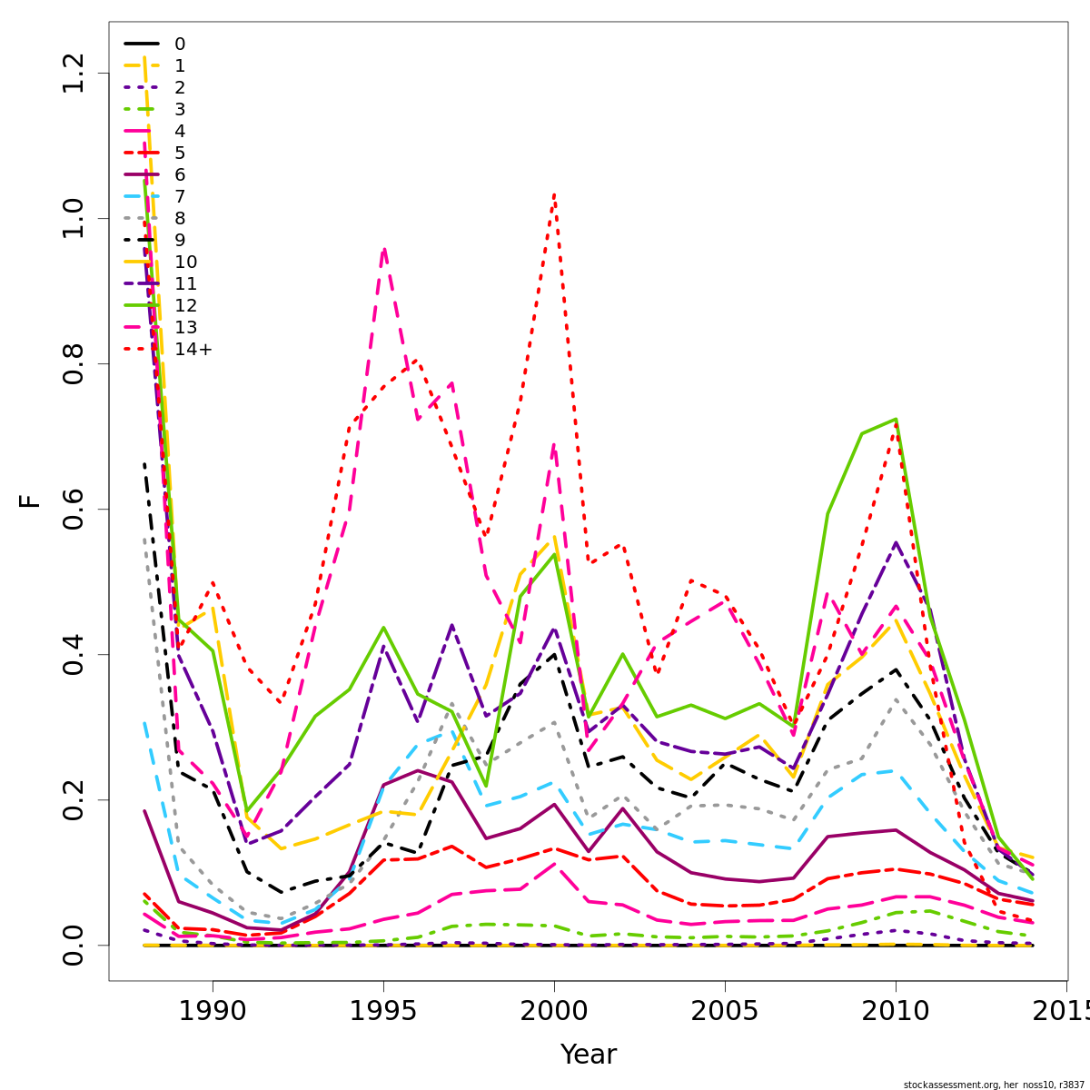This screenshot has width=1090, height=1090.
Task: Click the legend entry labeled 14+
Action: click(193, 349)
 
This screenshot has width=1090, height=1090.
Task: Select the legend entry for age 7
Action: click(180, 196)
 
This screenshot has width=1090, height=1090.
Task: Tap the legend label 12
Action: click(185, 305)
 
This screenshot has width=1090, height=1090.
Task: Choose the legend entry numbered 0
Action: click(180, 44)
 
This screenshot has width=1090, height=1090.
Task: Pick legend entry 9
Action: click(180, 240)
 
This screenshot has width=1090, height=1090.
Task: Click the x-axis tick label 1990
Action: click(213, 1012)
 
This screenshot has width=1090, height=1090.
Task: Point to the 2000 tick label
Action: click(554, 1012)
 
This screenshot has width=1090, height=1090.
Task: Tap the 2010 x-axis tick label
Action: click(896, 1012)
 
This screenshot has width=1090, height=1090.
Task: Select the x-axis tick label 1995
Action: click(383, 1012)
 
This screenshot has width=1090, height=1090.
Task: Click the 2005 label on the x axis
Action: click(725, 1012)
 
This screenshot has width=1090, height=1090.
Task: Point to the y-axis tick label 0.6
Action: click(74, 509)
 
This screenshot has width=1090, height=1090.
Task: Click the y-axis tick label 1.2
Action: click(74, 73)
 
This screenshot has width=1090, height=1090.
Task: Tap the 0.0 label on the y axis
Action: click(74, 945)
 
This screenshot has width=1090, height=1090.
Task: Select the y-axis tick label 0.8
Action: click(74, 363)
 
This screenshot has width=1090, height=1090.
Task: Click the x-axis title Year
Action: click(588, 1055)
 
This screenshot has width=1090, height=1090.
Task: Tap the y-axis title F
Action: click(31, 500)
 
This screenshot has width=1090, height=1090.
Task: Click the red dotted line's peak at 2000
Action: click(554, 193)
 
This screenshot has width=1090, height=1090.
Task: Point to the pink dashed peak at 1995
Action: click(384, 248)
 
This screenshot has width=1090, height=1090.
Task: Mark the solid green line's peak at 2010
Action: click(896, 419)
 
